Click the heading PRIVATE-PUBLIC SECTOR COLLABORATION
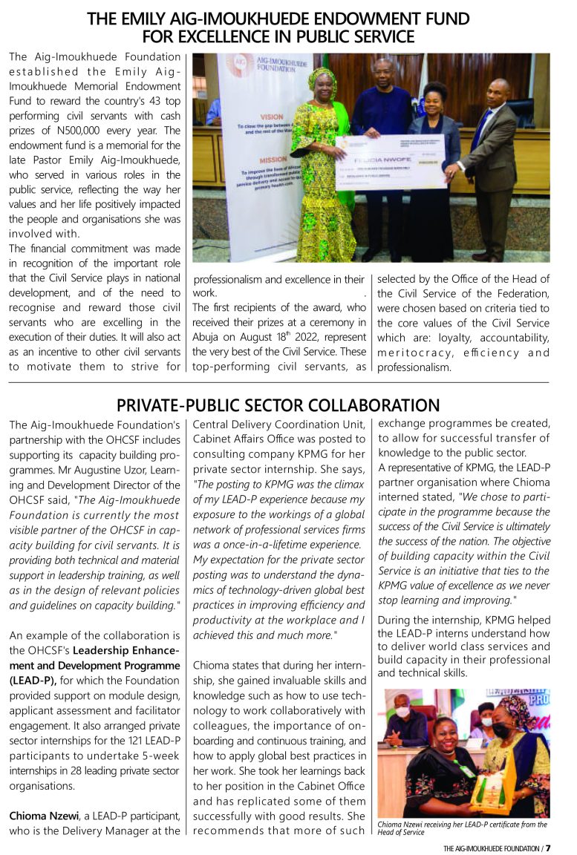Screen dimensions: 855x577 (x=278, y=405)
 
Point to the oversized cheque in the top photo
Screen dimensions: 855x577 (x=390, y=161)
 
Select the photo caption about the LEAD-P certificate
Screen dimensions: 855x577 (x=463, y=828)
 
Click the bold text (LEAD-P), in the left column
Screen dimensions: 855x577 (x=32, y=680)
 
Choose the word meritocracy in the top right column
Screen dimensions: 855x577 (x=411, y=353)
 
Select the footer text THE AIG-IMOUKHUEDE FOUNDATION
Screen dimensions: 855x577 (x=491, y=848)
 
